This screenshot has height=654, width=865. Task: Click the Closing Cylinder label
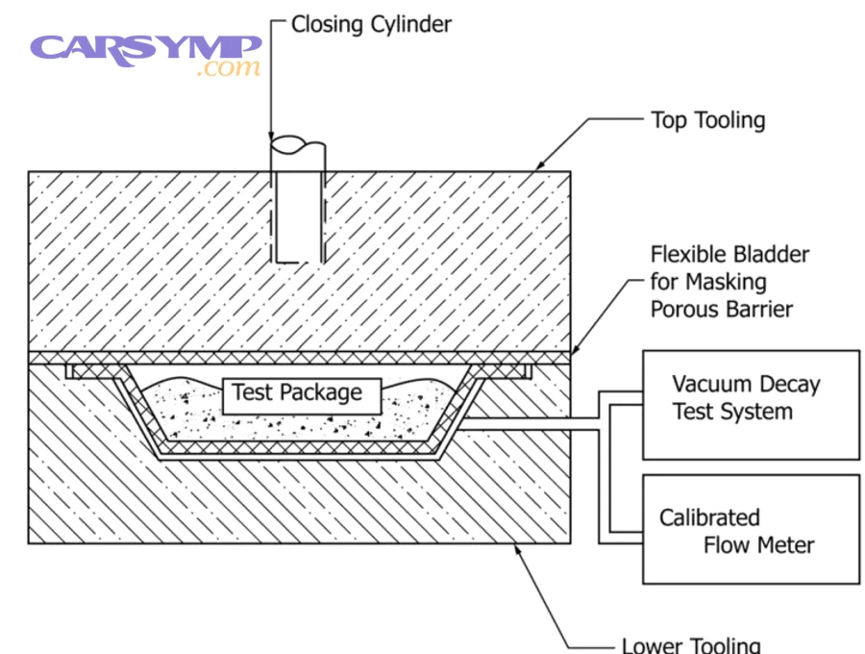point(371,23)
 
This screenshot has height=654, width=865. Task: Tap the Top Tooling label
point(707,120)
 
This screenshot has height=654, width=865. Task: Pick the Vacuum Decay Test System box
point(751,404)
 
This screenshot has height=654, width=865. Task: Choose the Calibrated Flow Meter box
point(751,529)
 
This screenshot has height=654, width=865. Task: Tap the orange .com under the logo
point(227,69)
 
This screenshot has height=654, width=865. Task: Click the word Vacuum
point(709,385)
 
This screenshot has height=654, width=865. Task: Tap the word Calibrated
point(709,517)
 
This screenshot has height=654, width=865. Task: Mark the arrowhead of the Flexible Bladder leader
point(574,355)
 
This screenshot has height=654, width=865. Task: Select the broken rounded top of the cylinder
point(298,145)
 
